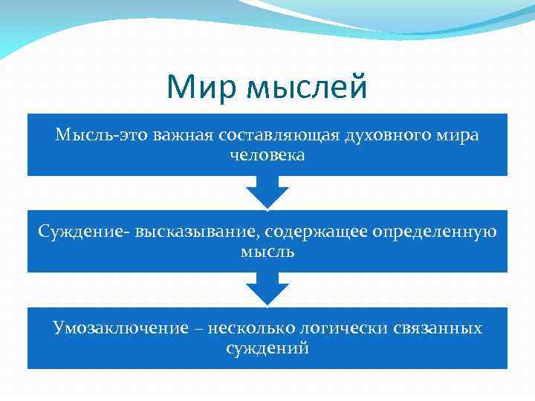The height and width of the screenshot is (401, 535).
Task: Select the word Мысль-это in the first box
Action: (x=94, y=136)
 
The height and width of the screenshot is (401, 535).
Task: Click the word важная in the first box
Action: (x=183, y=136)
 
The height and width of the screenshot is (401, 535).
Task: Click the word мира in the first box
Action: (x=459, y=137)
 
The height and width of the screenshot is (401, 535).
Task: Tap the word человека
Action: (x=267, y=156)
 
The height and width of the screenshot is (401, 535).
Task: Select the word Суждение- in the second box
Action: (x=84, y=232)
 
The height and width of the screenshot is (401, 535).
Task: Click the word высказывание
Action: (x=195, y=232)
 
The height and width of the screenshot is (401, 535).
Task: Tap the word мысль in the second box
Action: (x=267, y=252)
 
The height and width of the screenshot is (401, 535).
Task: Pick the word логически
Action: (x=338, y=328)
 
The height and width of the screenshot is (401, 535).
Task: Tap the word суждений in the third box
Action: (x=267, y=348)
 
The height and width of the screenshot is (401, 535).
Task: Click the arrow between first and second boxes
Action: (x=267, y=192)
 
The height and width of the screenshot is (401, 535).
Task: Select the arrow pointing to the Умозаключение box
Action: (x=267, y=289)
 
